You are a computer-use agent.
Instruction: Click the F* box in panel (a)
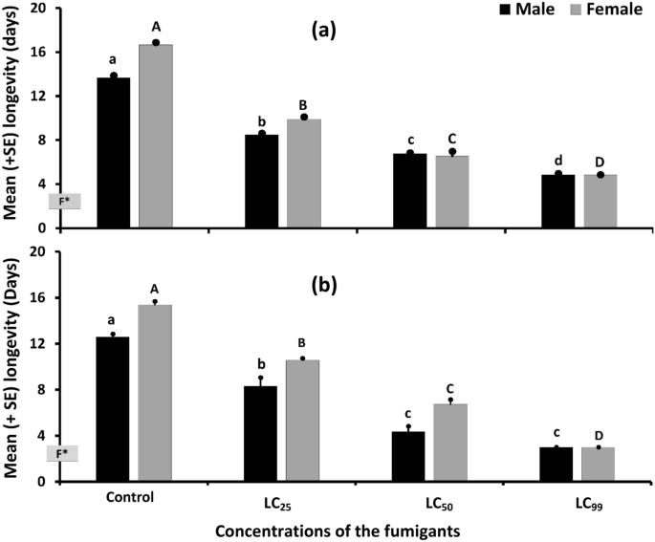tap(66, 201)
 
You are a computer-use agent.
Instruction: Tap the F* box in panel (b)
tap(62, 454)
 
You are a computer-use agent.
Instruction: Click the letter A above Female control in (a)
tap(155, 28)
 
